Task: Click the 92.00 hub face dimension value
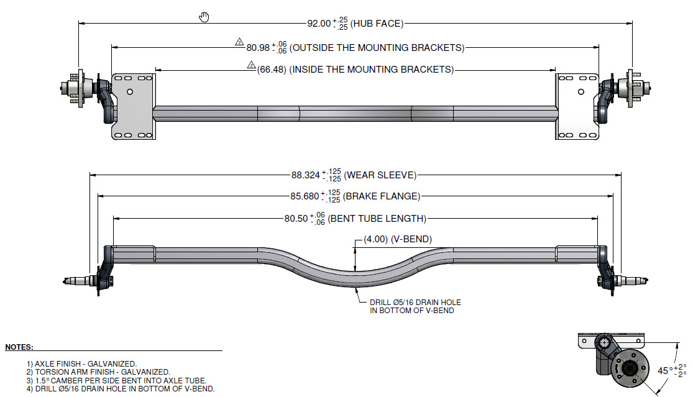click(319, 24)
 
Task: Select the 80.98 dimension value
click(258, 48)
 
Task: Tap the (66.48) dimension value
click(272, 70)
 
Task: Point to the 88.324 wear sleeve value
click(305, 175)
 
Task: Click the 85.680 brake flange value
click(305, 196)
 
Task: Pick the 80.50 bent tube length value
click(296, 218)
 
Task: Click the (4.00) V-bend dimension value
click(375, 239)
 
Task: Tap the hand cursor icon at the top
click(204, 17)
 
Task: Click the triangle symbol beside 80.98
click(239, 42)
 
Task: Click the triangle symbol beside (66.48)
click(252, 65)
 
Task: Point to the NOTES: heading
click(19, 347)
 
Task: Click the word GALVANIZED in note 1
click(112, 364)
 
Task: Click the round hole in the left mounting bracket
click(130, 92)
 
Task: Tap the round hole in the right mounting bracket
click(581, 92)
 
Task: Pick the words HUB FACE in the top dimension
click(377, 24)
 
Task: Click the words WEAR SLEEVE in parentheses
click(380, 175)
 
